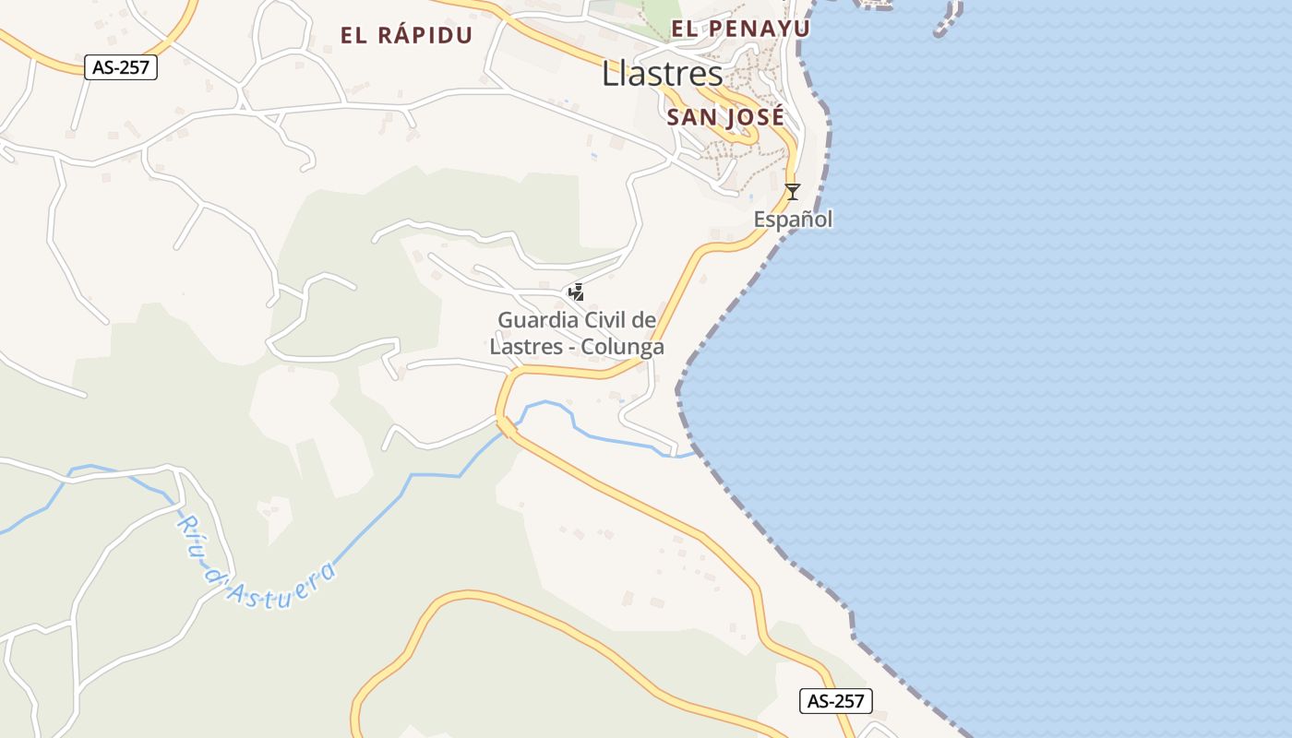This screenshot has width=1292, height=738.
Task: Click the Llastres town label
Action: (x=662, y=74)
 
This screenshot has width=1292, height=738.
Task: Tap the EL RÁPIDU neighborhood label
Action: (x=406, y=36)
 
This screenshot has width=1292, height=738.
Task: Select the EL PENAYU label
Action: (x=740, y=29)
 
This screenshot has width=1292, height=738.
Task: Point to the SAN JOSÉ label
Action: (x=725, y=117)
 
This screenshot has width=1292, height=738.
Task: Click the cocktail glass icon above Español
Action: (x=792, y=192)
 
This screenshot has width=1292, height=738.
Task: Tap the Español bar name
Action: (x=793, y=220)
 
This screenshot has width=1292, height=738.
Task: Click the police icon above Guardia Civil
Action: (x=576, y=292)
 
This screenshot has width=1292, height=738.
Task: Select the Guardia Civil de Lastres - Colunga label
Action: (x=577, y=334)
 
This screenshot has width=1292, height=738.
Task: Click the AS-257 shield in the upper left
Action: (x=121, y=67)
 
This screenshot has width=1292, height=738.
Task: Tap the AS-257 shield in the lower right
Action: (x=835, y=701)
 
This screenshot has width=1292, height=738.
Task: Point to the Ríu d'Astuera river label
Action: (x=255, y=562)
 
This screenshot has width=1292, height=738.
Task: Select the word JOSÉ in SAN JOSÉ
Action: (x=754, y=117)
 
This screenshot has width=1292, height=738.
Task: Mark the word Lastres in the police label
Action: (x=522, y=348)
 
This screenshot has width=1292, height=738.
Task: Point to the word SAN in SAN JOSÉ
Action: (x=691, y=117)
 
